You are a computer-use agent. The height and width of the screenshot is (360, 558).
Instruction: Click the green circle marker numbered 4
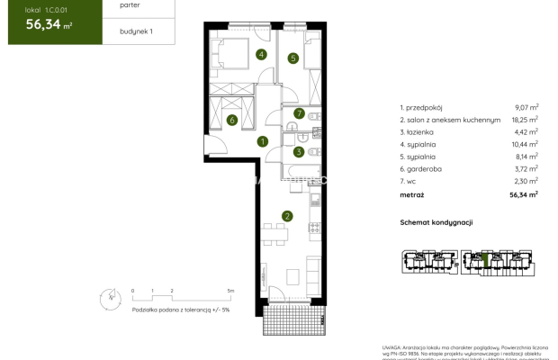pyautogui.click(x=261, y=55)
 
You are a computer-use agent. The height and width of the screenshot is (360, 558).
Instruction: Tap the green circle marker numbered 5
pyautogui.click(x=293, y=58)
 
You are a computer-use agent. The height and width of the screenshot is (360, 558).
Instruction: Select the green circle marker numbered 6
pyautogui.click(x=231, y=120)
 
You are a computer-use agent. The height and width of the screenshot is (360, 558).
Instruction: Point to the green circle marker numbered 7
pyautogui.click(x=299, y=113)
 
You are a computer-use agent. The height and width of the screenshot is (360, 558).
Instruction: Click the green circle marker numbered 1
pyautogui.click(x=262, y=141)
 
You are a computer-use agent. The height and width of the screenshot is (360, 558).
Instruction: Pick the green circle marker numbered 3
pyautogui.click(x=298, y=152)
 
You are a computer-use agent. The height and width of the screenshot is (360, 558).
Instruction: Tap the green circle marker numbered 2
pyautogui.click(x=286, y=216)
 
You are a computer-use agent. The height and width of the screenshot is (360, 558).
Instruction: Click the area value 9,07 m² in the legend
pyautogui.click(x=526, y=106)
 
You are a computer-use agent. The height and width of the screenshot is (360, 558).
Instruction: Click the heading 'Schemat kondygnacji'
pyautogui.click(x=436, y=222)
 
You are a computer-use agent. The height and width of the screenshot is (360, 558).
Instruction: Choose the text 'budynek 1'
pyautogui.click(x=124, y=31)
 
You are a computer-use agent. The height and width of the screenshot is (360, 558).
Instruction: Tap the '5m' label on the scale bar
pyautogui.click(x=230, y=292)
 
